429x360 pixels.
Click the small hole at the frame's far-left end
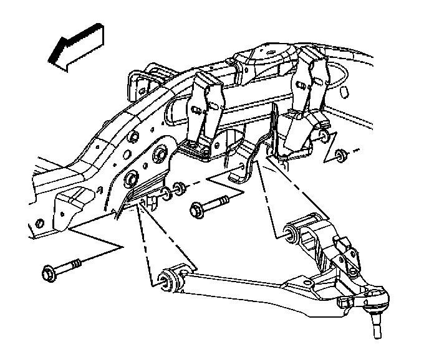[39, 222]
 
